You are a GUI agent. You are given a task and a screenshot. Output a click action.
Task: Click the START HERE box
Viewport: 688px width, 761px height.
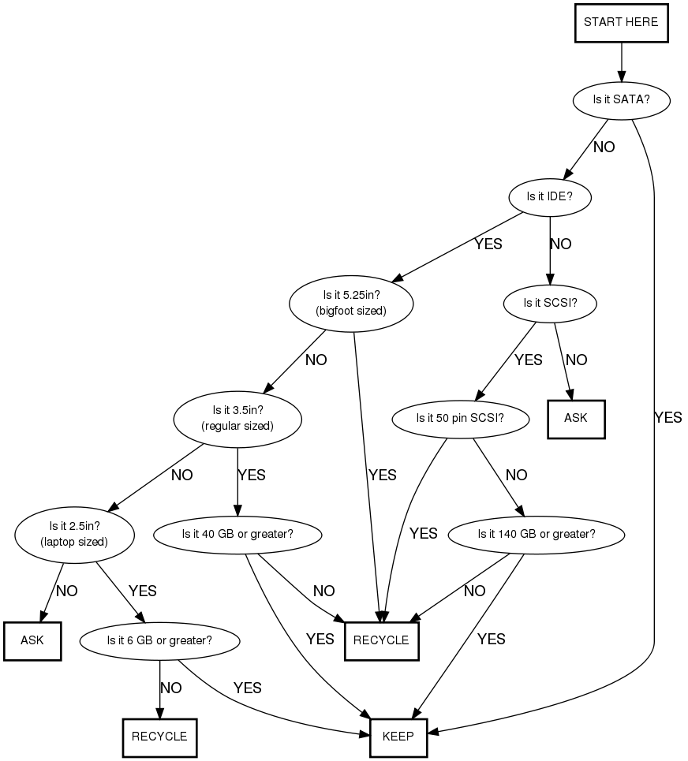[x=621, y=23]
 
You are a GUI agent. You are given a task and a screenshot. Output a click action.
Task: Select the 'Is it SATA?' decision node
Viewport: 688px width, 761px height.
[x=621, y=100]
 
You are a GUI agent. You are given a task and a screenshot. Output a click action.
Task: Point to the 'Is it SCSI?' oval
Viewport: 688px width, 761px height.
[x=549, y=302]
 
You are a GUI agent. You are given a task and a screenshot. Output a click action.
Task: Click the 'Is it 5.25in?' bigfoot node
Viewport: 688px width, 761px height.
[x=351, y=303]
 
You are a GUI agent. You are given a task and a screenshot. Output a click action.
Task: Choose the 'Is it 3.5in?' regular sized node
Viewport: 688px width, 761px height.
[x=237, y=418]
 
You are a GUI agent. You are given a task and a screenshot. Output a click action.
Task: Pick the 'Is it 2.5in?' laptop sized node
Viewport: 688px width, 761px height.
[x=74, y=534]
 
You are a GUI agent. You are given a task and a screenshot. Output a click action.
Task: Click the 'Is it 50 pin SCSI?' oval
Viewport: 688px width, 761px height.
[x=460, y=418]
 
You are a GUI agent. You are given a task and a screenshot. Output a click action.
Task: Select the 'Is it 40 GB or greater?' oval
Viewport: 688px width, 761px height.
[x=237, y=534]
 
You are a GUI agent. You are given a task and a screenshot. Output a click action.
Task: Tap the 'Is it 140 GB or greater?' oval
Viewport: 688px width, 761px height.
[x=537, y=534]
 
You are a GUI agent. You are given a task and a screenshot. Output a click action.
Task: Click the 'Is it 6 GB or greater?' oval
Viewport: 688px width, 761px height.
[x=159, y=640]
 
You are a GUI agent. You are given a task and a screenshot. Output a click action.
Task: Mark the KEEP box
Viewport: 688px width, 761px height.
[x=398, y=737]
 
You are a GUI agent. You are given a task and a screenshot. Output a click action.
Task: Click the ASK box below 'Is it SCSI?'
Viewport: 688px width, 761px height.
[x=576, y=418]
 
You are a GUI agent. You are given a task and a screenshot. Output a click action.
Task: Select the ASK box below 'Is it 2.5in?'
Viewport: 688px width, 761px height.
[x=33, y=640]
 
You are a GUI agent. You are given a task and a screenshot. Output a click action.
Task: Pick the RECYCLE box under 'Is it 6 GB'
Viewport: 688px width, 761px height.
[x=159, y=737]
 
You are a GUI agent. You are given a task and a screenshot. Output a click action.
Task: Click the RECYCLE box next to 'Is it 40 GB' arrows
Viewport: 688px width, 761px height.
[x=381, y=640]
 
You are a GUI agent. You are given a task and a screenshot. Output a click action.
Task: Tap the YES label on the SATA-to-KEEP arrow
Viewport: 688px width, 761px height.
[x=667, y=418]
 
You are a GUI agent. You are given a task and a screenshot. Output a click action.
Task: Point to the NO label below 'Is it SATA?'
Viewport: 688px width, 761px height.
[x=604, y=147]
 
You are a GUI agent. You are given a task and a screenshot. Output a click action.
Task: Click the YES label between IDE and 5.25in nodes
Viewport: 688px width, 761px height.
[x=488, y=244]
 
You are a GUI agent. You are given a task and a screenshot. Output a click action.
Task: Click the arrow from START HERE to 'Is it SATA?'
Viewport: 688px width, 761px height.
[x=621, y=60]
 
